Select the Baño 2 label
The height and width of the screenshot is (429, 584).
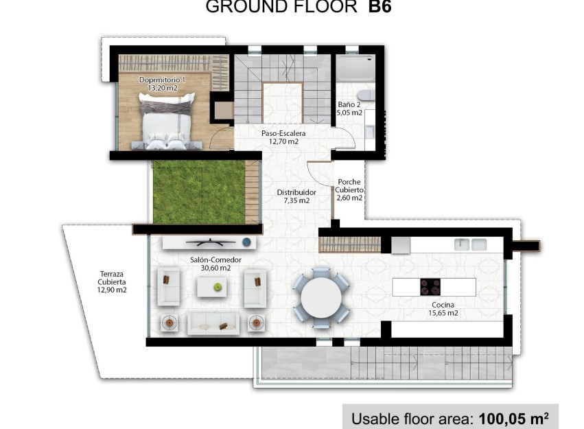349,109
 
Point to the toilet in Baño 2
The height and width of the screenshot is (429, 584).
366,95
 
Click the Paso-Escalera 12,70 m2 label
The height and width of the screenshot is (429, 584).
283,137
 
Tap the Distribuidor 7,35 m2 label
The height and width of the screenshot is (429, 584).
296,197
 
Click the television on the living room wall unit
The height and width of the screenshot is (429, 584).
206,242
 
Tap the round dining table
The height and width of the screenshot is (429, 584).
321,297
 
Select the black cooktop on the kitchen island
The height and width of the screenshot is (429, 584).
430,286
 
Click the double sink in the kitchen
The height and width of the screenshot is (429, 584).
470,244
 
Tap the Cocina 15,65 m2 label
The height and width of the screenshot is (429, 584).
444,309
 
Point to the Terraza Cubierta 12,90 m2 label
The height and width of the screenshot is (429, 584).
112,281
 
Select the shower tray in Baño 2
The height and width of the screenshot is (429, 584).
354,69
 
